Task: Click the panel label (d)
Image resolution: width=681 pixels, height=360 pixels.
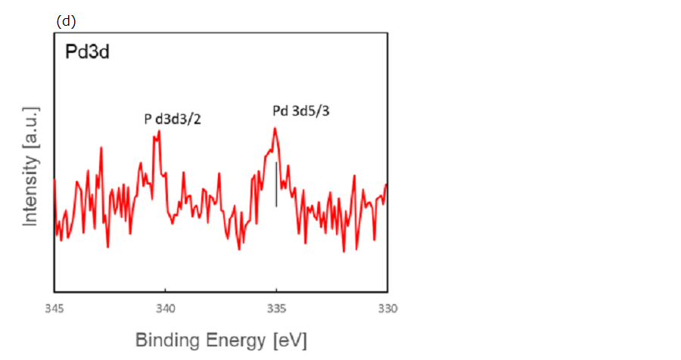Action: (67, 22)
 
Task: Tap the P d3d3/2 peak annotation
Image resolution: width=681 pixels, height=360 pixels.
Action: (173, 119)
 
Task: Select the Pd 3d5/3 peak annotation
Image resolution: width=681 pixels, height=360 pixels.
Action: (301, 111)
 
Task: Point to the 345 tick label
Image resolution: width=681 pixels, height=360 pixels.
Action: (54, 308)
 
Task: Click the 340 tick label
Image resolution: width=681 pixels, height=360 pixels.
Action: (165, 308)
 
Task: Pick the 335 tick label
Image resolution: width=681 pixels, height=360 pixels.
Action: (276, 308)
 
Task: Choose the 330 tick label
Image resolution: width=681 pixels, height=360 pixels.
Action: (387, 308)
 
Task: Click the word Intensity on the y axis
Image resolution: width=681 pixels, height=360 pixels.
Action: (30, 188)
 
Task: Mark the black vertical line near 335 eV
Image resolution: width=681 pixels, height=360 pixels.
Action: (276, 184)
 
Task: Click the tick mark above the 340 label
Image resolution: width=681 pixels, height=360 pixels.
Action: (165, 290)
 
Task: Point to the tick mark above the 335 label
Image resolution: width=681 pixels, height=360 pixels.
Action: (276, 290)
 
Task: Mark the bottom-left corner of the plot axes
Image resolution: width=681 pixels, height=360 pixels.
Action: (54, 292)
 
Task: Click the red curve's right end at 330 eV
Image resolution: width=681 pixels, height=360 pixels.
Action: (386, 185)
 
